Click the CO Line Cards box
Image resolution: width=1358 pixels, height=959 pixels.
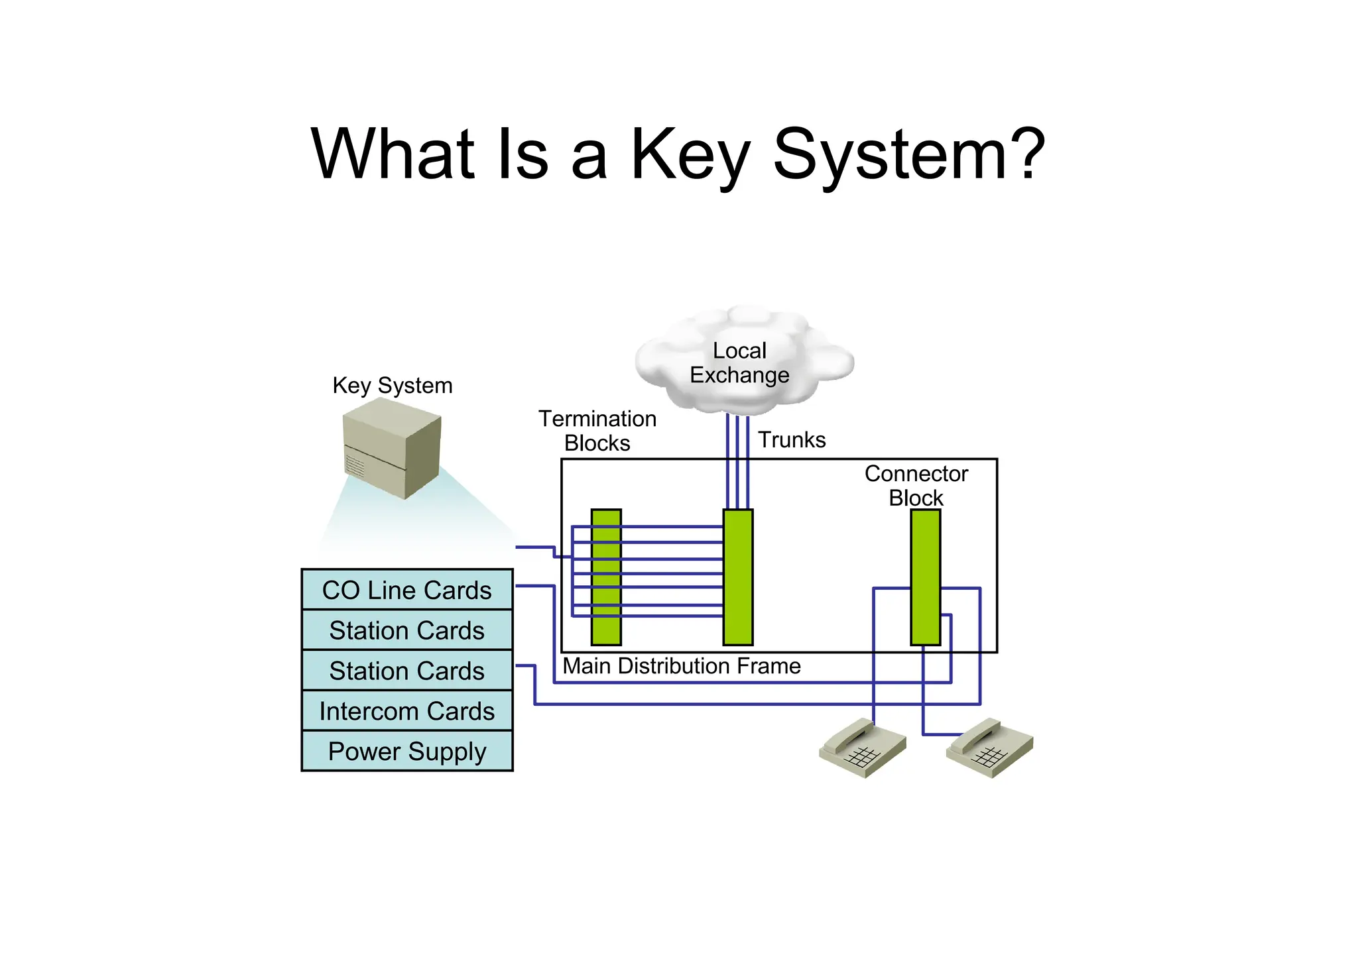406,590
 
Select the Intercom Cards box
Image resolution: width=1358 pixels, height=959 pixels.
406,711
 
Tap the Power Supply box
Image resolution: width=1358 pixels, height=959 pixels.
406,752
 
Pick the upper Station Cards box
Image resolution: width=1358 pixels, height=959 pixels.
406,630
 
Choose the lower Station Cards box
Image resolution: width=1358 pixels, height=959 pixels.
406,671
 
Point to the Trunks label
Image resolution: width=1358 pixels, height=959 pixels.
792,440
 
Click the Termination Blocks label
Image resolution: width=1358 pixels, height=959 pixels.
597,431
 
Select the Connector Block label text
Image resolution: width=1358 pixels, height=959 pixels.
916,485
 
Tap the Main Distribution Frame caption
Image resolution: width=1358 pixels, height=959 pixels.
682,666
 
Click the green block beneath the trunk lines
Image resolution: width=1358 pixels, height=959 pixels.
738,577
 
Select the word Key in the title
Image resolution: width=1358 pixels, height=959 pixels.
690,156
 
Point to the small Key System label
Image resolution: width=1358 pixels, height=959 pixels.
392,386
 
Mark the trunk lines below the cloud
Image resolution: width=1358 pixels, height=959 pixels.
737,461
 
